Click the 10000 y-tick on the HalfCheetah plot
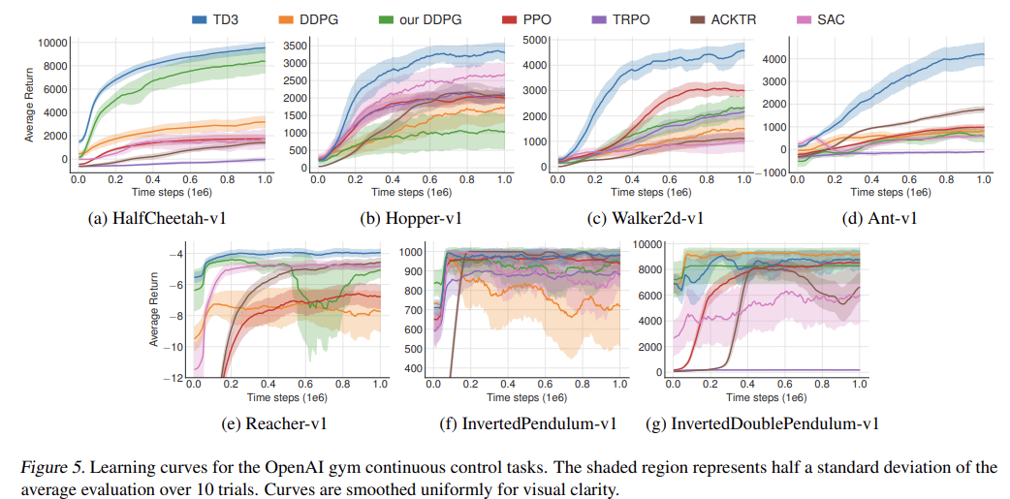52,43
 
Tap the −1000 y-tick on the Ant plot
770,172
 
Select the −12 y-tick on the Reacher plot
176,378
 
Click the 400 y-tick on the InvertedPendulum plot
414,369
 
